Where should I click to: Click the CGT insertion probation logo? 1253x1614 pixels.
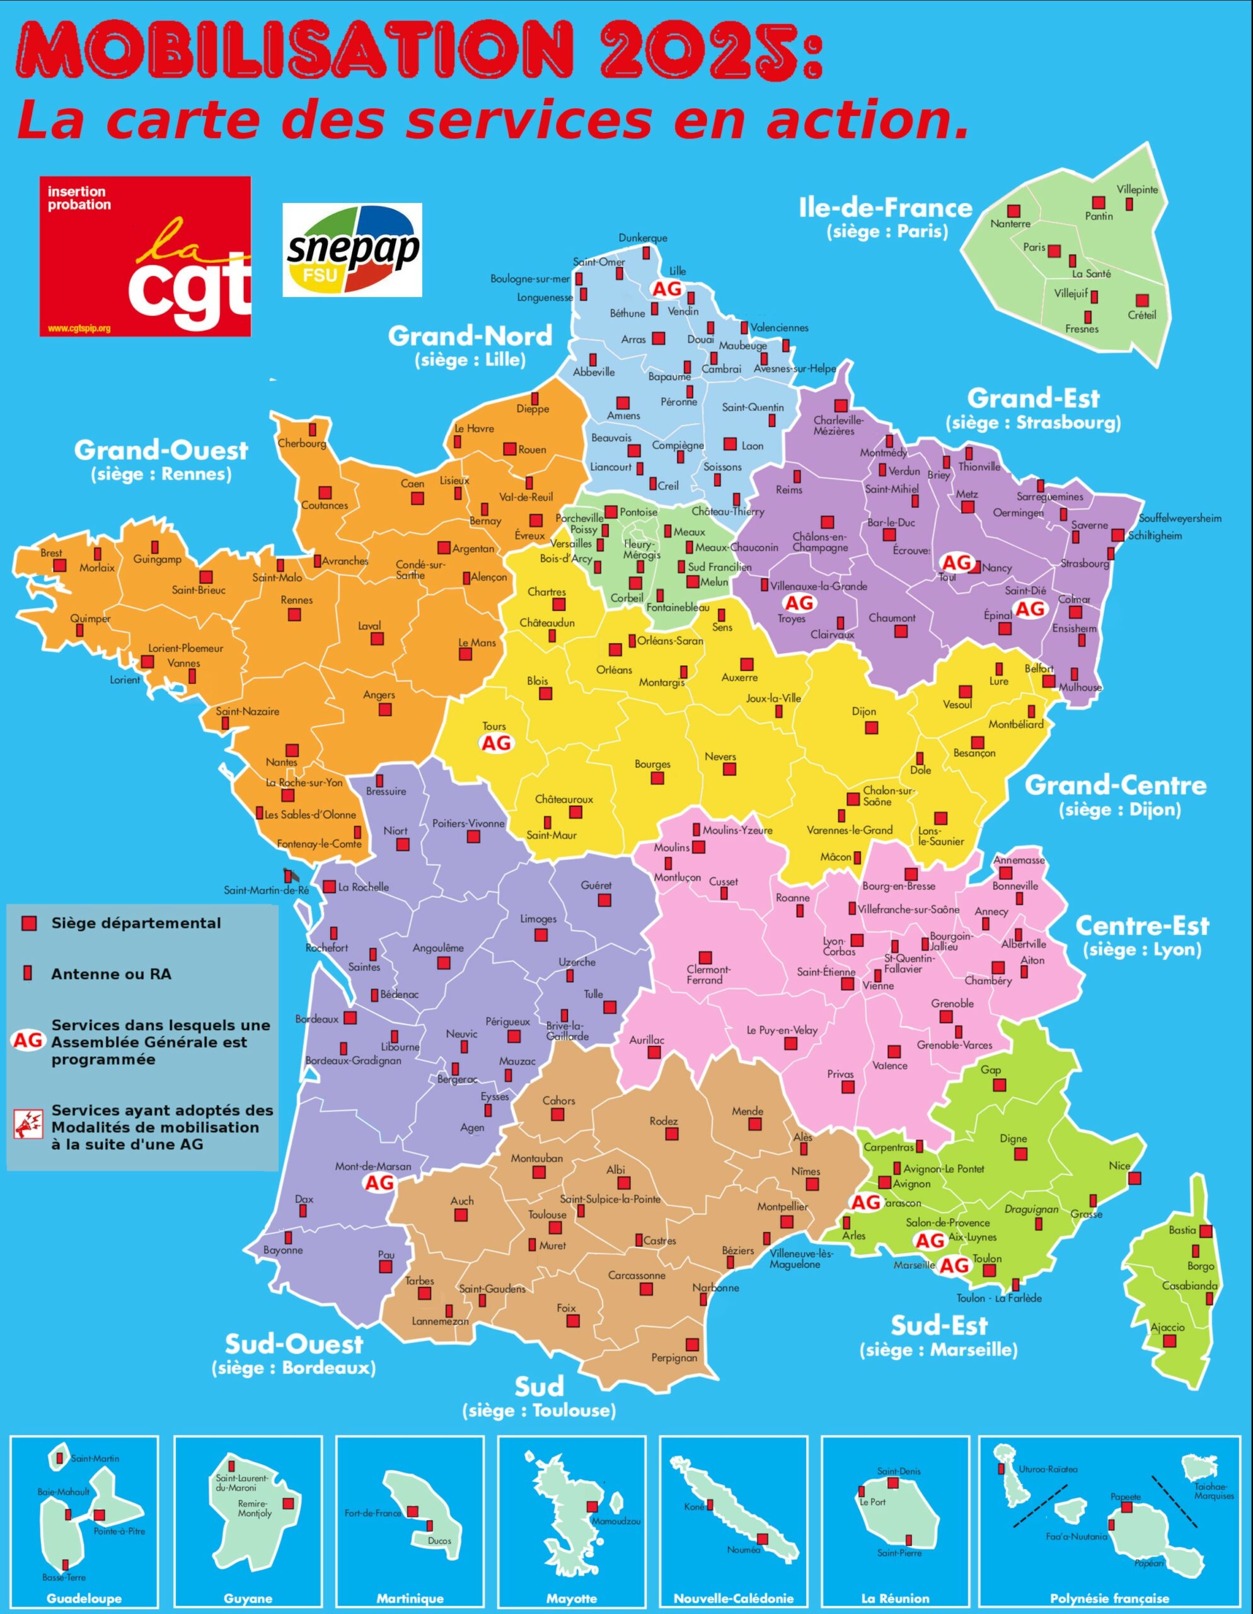(145, 256)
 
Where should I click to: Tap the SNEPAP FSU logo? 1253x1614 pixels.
(352, 250)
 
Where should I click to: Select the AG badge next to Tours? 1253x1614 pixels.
(497, 743)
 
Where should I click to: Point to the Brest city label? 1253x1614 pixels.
(52, 553)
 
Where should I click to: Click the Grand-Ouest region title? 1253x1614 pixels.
(161, 450)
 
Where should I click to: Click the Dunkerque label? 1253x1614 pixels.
(643, 238)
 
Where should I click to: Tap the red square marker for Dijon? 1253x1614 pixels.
(872, 728)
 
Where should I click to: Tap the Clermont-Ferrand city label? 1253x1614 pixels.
(704, 975)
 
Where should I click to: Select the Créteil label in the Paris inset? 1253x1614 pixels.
(1141, 315)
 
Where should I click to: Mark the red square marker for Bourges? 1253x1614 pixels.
(657, 778)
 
